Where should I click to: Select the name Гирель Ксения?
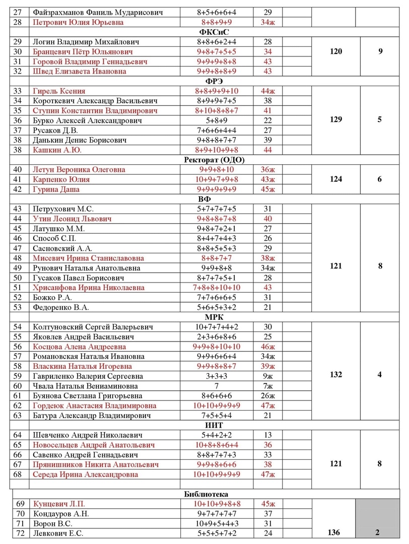[x=59, y=91]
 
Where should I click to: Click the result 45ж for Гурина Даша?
[x=267, y=189]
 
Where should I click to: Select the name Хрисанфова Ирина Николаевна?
[x=88, y=288]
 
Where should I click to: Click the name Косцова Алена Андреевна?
[x=80, y=347]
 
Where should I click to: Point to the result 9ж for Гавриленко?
[x=267, y=376]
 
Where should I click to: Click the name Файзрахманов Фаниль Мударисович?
[x=98, y=12]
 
